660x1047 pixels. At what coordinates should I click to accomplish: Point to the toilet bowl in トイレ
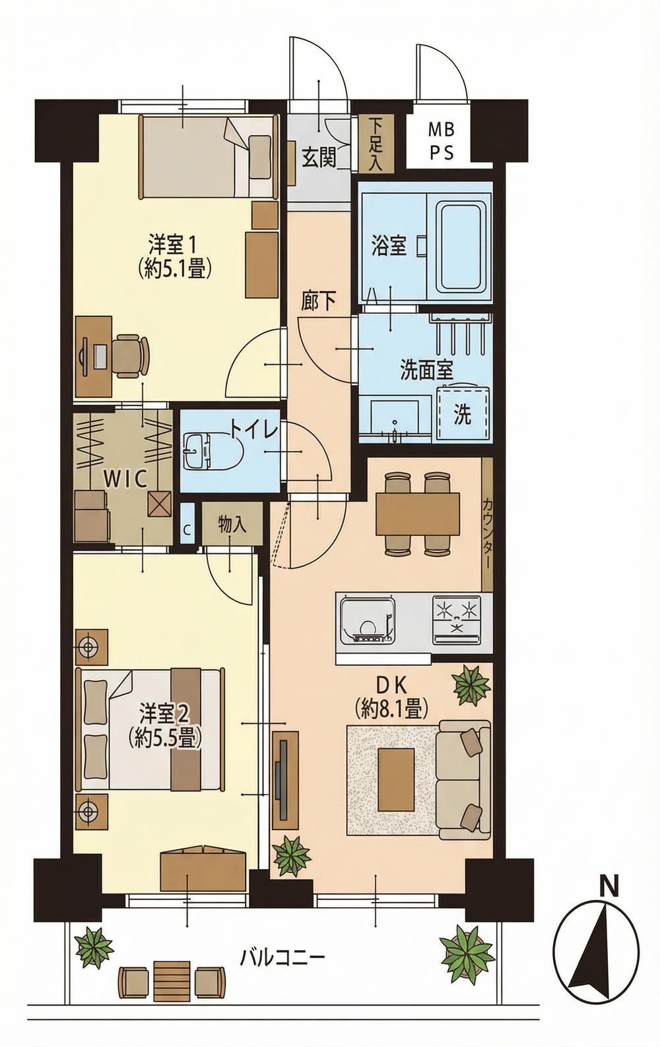(x=212, y=451)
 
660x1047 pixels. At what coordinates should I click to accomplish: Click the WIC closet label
(x=126, y=479)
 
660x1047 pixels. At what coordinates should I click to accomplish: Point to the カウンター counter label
(x=487, y=533)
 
